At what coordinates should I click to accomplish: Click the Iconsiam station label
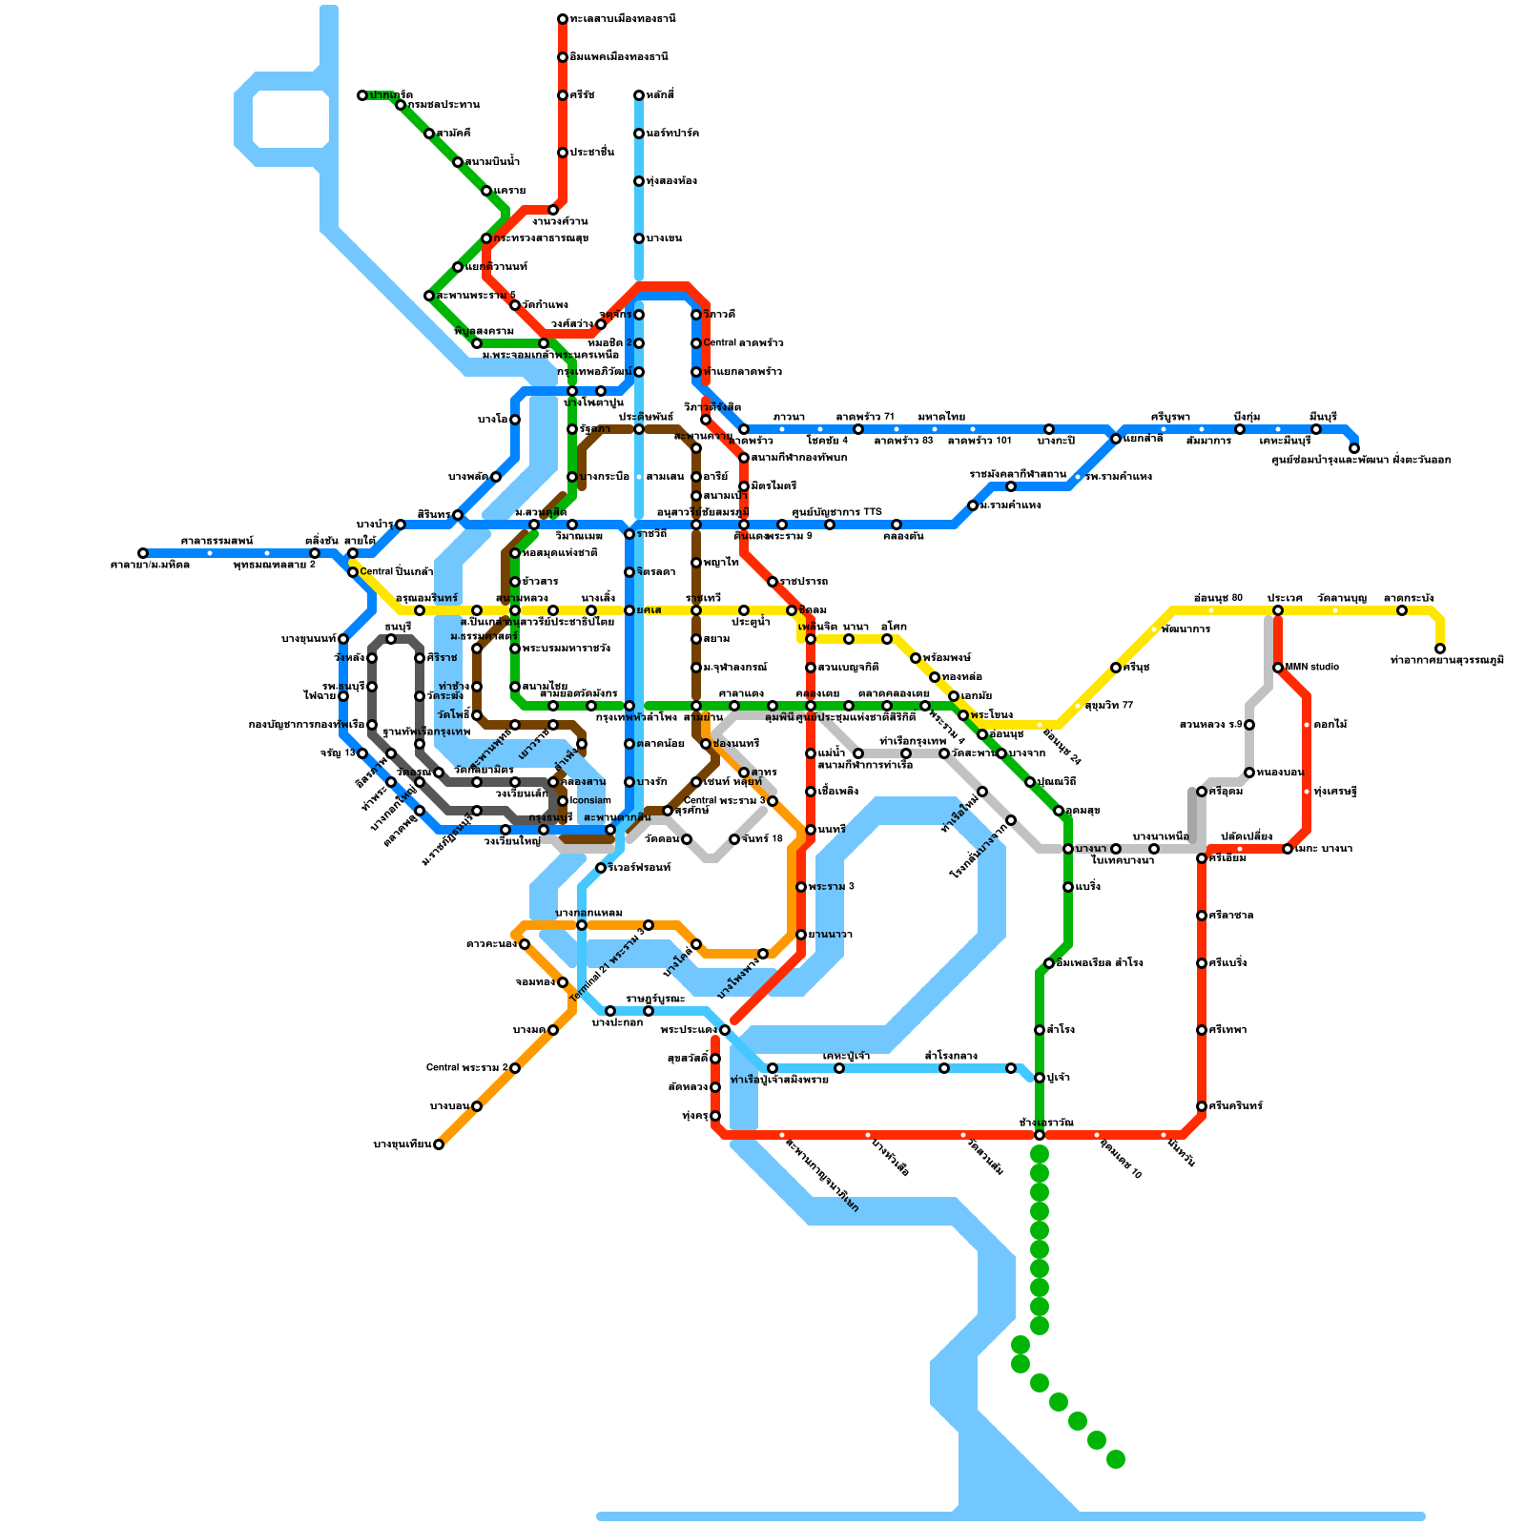(x=591, y=800)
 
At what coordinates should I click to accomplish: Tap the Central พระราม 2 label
(x=466, y=1067)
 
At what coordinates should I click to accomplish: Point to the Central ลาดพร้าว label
(x=743, y=342)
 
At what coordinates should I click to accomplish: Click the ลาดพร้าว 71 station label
(x=865, y=417)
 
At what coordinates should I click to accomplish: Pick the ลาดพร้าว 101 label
(x=979, y=441)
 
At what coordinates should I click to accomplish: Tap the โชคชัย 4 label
(x=827, y=441)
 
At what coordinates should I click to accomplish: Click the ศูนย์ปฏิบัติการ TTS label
(x=836, y=512)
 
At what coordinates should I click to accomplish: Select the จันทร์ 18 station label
(x=762, y=838)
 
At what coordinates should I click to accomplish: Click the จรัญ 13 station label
(x=338, y=753)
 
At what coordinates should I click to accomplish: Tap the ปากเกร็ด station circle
(x=362, y=95)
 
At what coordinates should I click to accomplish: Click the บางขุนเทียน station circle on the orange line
(x=439, y=1144)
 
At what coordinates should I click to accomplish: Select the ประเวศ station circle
(x=1278, y=610)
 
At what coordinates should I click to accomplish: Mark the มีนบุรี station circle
(x=1316, y=429)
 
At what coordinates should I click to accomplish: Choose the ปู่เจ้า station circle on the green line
(x=1040, y=1078)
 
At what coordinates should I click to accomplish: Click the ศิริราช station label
(x=442, y=657)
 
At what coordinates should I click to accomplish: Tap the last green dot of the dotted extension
(x=1116, y=1459)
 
